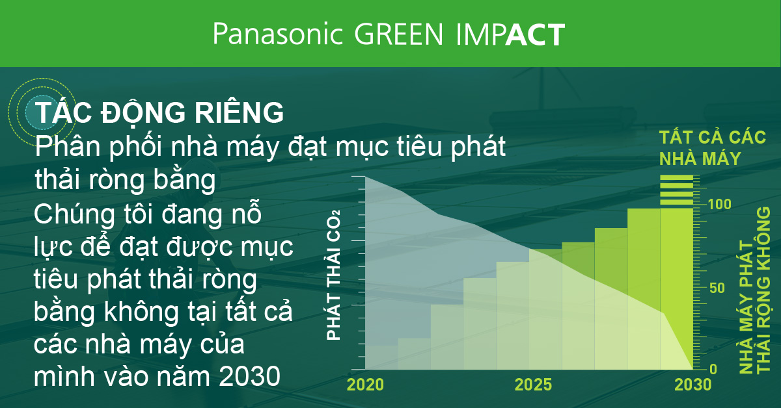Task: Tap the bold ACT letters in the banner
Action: point(535,35)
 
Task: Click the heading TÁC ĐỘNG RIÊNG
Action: point(160,112)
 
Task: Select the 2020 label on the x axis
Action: point(365,384)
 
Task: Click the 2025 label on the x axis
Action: point(534,384)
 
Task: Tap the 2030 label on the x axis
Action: point(692,384)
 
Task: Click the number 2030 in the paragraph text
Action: point(250,375)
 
